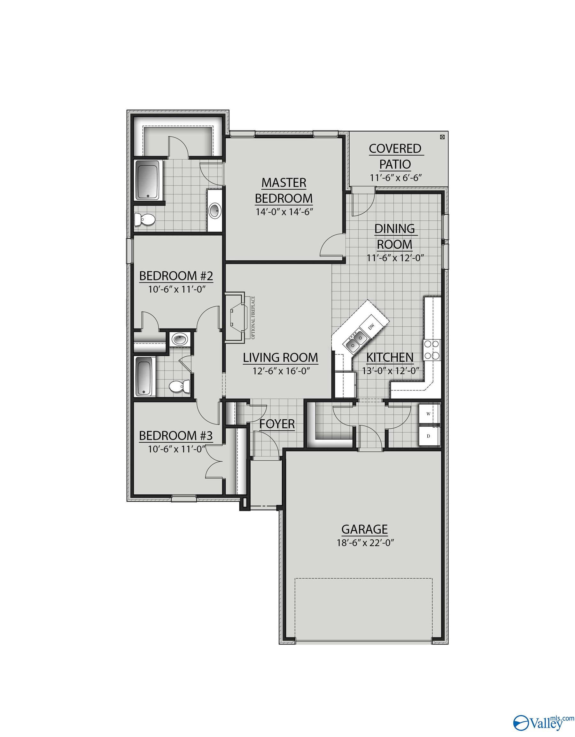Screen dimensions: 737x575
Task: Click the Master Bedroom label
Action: (x=284, y=190)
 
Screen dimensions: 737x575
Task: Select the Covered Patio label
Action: (x=395, y=156)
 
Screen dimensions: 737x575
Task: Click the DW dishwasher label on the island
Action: (x=371, y=326)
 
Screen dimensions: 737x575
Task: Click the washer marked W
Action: (x=429, y=414)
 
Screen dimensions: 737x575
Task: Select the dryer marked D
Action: (x=429, y=436)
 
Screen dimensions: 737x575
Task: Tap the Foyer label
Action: (x=277, y=424)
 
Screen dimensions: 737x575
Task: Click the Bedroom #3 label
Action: (x=176, y=436)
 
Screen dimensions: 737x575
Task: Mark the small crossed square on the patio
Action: (x=442, y=137)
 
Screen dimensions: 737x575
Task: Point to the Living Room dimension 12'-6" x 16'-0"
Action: (x=281, y=371)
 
